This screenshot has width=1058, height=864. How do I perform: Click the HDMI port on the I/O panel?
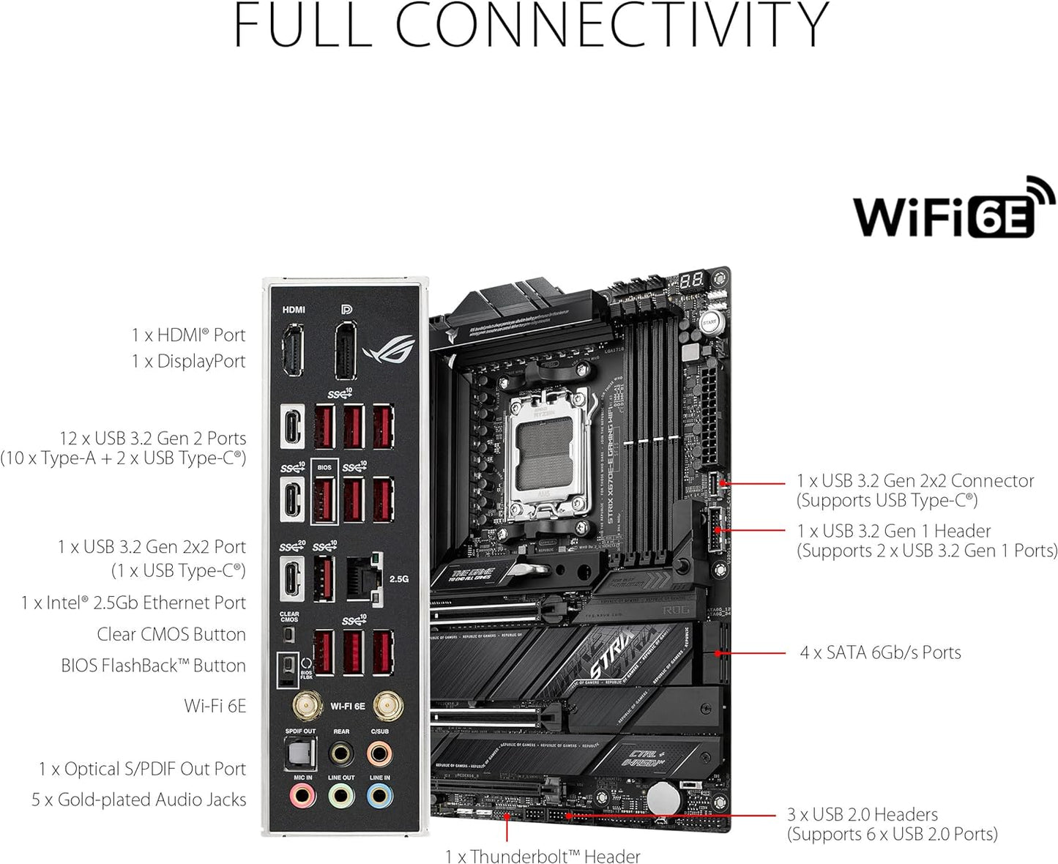[293, 351]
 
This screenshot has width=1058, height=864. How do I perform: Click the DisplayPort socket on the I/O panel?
[346, 351]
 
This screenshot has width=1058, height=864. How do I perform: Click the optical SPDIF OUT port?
[299, 753]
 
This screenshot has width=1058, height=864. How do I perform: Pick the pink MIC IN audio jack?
[302, 795]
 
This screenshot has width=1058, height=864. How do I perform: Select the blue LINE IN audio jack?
[379, 795]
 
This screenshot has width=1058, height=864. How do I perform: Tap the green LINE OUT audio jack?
[341, 795]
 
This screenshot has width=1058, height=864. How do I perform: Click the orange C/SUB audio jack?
[379, 752]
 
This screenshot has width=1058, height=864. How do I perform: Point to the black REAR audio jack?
[341, 752]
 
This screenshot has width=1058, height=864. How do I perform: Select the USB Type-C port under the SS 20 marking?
[292, 578]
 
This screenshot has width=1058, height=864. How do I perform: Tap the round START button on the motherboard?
[709, 322]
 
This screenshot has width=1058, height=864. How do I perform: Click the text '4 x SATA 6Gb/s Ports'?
[880, 652]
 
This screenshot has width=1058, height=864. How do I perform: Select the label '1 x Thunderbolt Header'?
[543, 855]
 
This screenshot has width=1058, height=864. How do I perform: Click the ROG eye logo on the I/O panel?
[388, 351]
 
